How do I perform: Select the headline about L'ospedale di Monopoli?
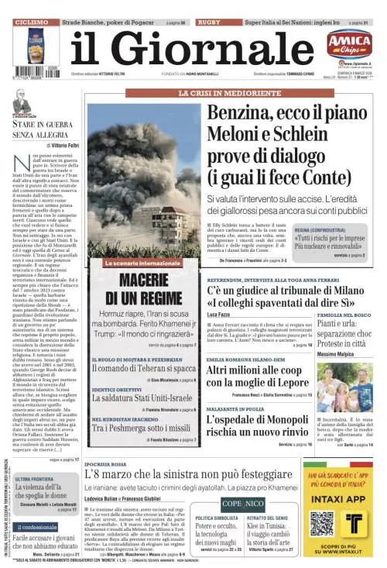[258, 423]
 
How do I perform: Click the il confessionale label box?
[35, 527]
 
